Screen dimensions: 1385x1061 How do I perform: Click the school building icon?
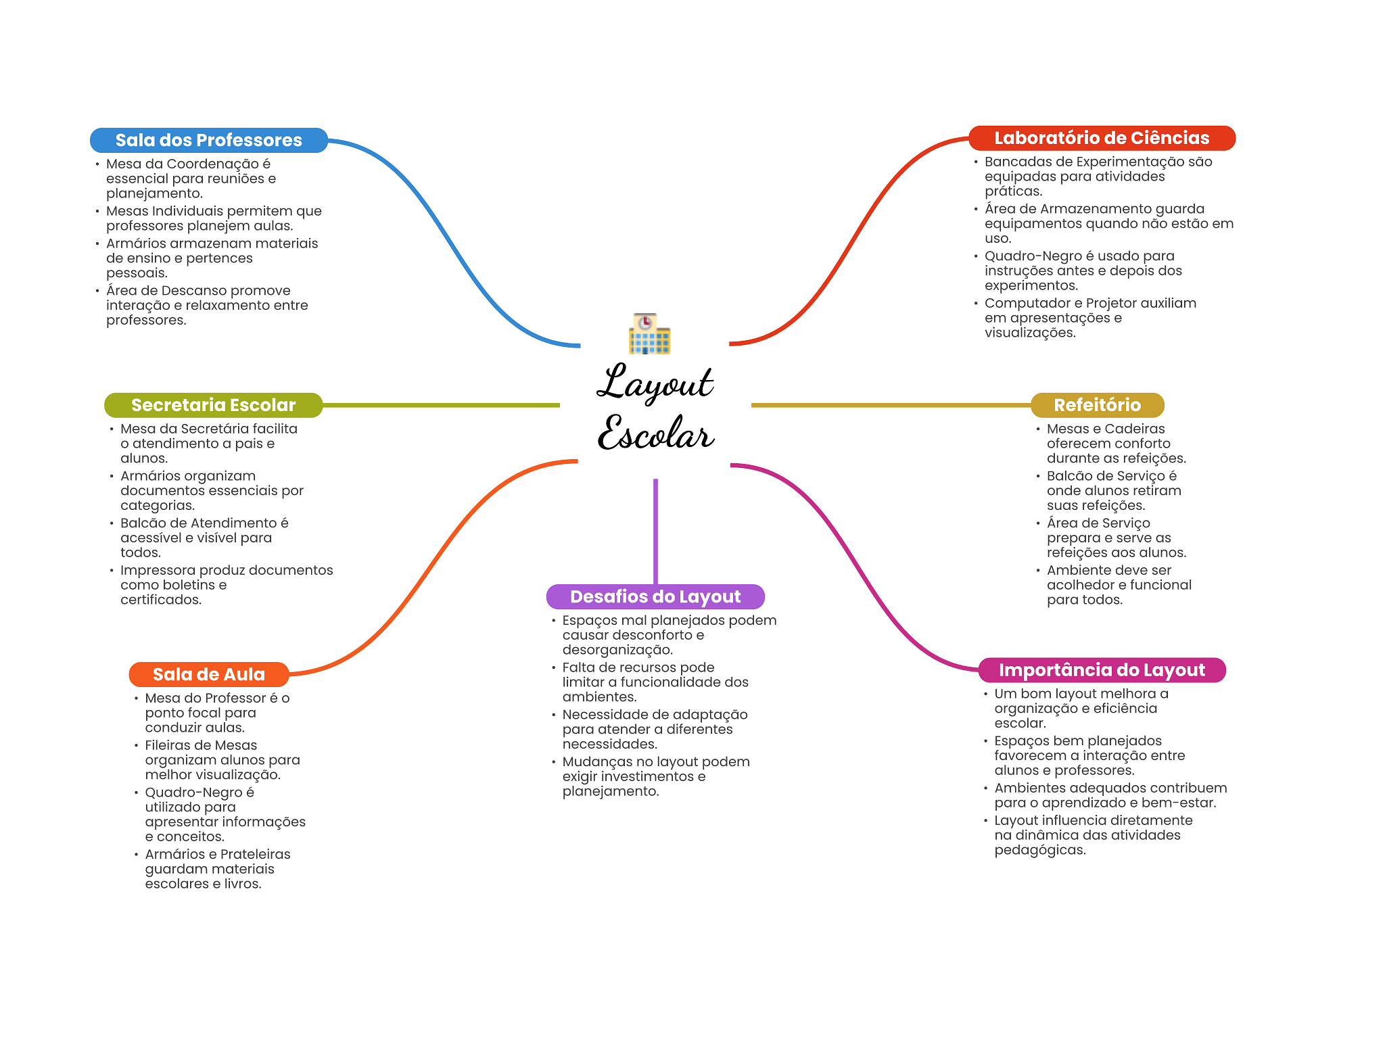649,334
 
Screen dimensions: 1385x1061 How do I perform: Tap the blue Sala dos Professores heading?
208,140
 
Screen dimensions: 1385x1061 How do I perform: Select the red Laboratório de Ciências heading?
1102,138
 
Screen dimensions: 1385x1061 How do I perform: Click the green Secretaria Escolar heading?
213,405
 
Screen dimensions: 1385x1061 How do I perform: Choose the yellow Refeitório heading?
1097,405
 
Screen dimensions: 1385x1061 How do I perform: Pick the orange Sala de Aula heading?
208,674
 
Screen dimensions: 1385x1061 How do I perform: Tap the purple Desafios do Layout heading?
655,596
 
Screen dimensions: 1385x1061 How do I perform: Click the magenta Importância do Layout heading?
1102,670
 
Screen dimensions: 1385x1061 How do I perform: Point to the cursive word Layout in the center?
655,383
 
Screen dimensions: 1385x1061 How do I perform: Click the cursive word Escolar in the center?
655,433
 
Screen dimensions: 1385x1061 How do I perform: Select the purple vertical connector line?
655,531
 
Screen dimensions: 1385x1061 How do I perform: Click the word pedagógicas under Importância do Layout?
1039,850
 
